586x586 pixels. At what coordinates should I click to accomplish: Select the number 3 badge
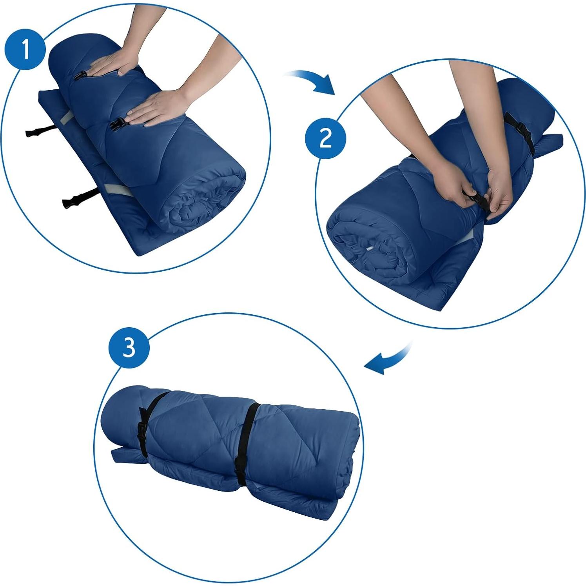point(129,348)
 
